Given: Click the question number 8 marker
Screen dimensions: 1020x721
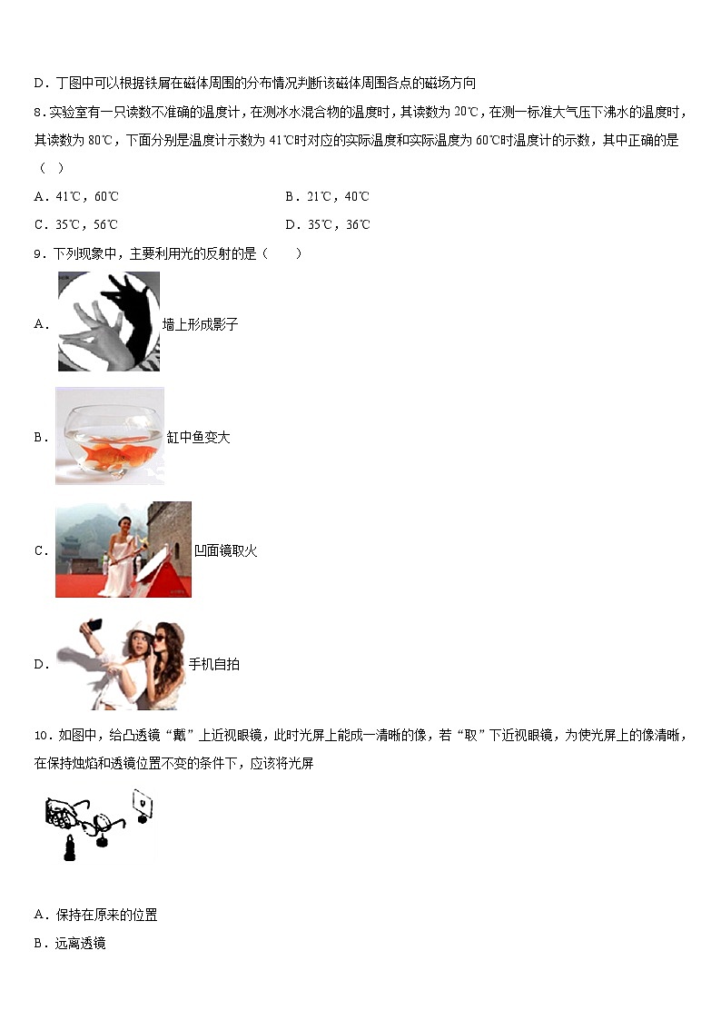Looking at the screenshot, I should (39, 112).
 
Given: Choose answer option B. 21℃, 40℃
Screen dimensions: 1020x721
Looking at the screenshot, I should (327, 196).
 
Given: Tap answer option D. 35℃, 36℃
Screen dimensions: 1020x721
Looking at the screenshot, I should (327, 224).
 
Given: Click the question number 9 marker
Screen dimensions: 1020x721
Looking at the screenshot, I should (39, 253).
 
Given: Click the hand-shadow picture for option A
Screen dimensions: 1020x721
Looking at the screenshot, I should (108, 322).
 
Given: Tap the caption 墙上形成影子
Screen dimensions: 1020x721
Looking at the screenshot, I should (201, 324).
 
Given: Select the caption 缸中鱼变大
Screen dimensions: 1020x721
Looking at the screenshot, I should (199, 438).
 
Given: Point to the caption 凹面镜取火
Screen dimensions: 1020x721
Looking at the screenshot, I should (226, 550).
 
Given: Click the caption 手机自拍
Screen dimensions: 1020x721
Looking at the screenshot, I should (214, 665).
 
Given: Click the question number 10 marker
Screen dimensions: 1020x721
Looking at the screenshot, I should (41, 735).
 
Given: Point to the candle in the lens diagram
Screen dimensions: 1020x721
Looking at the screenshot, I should (69, 848).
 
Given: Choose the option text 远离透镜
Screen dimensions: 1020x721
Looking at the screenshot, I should (81, 944).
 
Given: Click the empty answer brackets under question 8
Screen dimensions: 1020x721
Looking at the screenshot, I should (49, 168).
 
